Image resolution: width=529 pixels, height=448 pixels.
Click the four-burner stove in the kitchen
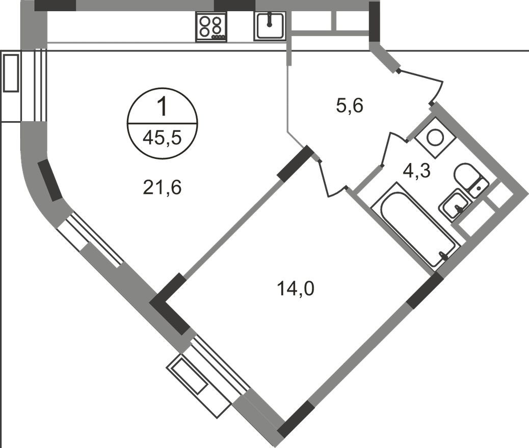[211, 26]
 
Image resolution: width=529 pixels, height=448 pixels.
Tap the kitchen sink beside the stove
[270, 26]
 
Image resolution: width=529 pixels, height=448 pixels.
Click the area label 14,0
[296, 289]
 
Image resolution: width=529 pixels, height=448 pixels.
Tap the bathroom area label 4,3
[417, 171]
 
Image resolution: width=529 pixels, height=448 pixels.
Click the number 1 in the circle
[162, 107]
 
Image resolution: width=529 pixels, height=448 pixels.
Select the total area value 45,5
[162, 137]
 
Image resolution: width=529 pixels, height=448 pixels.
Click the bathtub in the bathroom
[413, 224]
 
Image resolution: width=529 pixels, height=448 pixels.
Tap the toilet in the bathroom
[469, 179]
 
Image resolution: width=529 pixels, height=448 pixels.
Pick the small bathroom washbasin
[454, 205]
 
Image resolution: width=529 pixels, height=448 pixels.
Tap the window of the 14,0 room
[219, 363]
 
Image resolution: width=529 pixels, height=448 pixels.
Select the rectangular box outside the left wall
[11, 73]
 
